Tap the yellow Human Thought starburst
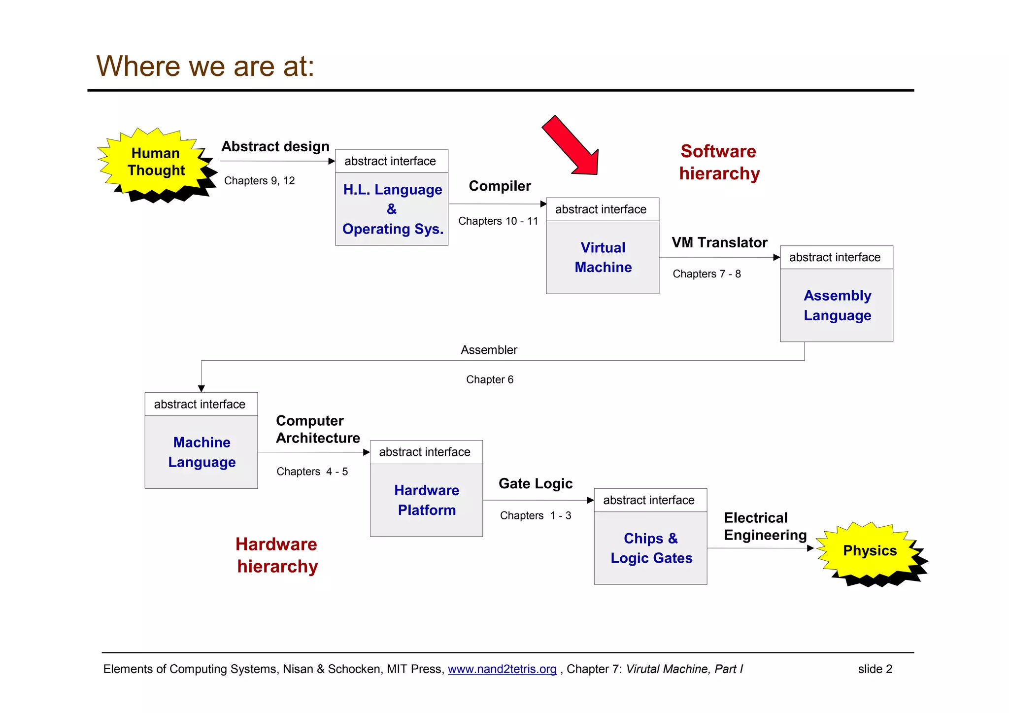[x=155, y=162]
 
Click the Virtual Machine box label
[x=603, y=257]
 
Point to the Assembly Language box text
[x=837, y=305]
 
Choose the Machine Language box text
[x=202, y=452]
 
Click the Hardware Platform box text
[x=427, y=500]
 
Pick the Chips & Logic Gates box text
[x=651, y=548]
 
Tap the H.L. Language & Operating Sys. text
[x=392, y=209]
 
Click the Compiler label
[x=500, y=186]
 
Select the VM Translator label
[x=719, y=242]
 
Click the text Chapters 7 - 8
[x=706, y=274]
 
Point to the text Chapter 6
[x=489, y=379]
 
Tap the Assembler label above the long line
[x=489, y=350]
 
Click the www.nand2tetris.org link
[x=502, y=669]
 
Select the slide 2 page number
[x=874, y=669]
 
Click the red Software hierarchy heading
[x=719, y=162]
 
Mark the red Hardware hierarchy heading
[x=277, y=555]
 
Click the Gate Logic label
[x=535, y=483]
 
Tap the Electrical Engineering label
[x=764, y=526]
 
